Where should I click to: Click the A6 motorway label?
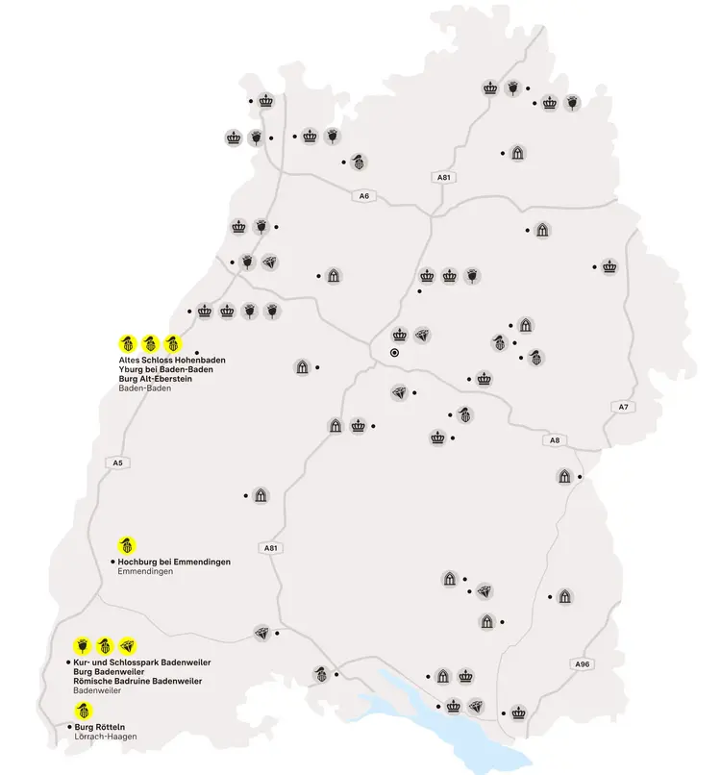click(363, 196)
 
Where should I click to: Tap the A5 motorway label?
click(117, 462)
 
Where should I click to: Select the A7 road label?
click(623, 407)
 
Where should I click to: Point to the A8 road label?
click(554, 440)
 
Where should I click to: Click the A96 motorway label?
click(581, 664)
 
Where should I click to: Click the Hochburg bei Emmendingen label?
click(174, 562)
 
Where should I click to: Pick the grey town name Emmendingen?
click(145, 572)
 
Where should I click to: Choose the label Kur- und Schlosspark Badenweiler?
click(141, 662)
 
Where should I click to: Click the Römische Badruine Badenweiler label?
click(137, 681)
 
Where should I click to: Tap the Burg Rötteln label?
click(100, 726)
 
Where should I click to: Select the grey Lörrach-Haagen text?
click(106, 737)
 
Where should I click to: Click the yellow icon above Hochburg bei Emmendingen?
click(125, 545)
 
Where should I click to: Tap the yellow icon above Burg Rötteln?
click(83, 711)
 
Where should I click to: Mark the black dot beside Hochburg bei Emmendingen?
click(112, 562)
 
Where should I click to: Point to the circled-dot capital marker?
click(394, 353)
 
